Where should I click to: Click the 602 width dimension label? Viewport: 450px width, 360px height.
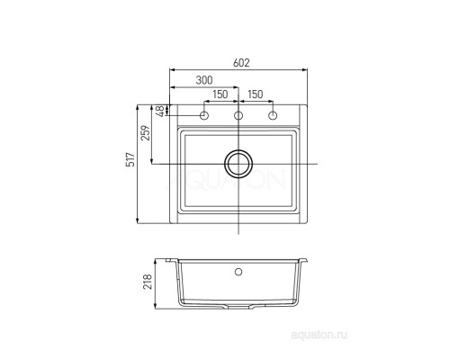pos(241,63)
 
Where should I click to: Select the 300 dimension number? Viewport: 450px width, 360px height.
pos(204,80)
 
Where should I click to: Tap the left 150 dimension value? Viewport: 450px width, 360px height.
pos(220,94)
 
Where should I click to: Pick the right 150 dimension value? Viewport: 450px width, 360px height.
pos(256,94)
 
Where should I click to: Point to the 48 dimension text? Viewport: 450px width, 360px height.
pos(161,111)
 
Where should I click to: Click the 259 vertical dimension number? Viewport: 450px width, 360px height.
pos(146,133)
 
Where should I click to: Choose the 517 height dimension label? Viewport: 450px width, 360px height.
pos(131,159)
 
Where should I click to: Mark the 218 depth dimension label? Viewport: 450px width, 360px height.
pos(148,282)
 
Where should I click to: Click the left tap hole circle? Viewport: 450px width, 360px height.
pos(204,115)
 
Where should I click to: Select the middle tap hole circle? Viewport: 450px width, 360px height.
pos(238,115)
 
